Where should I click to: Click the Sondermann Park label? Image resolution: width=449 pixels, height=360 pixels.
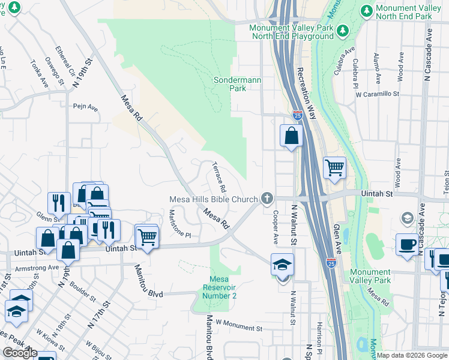[x=230, y=84]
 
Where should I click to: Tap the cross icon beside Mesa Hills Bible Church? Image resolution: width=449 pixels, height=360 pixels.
[x=267, y=198]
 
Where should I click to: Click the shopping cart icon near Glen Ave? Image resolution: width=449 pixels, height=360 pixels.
[x=334, y=168]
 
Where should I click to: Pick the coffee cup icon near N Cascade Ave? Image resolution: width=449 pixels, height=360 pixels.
[x=407, y=245]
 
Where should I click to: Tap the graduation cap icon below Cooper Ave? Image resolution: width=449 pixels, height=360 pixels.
[x=282, y=265]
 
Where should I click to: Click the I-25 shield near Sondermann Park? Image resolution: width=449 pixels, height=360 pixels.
[x=298, y=114]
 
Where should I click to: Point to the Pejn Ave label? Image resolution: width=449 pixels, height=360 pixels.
[x=85, y=108]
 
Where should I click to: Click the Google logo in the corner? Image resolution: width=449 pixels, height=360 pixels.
[x=20, y=353]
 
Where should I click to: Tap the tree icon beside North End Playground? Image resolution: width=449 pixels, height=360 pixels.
[x=342, y=29]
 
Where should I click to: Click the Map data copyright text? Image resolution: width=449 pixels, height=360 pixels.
[x=412, y=355]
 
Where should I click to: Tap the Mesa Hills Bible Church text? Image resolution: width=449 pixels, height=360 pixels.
[x=213, y=199]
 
